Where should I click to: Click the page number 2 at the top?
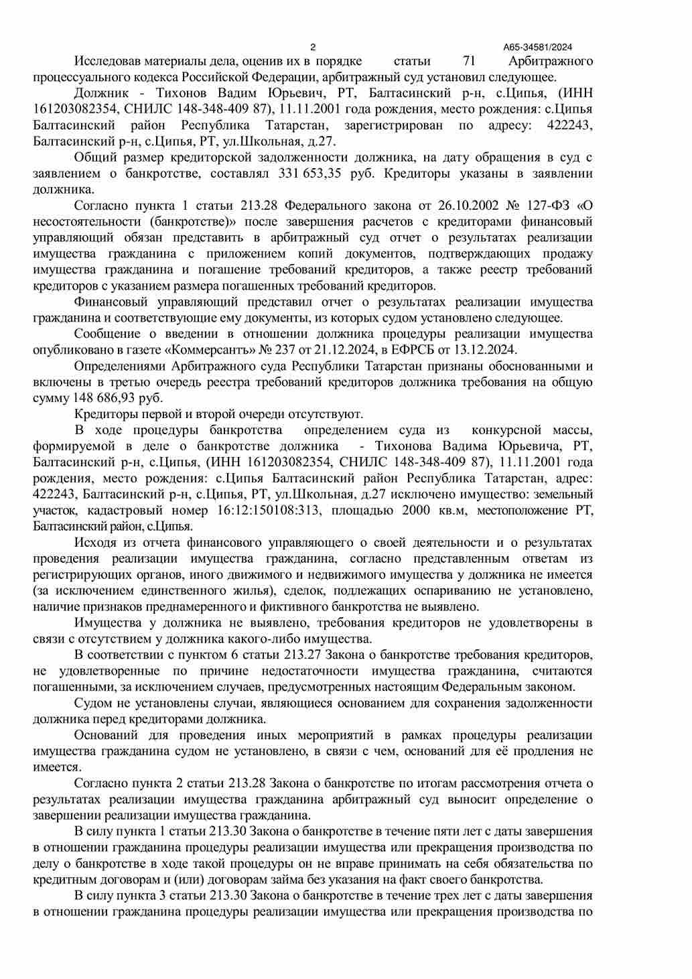click(314, 47)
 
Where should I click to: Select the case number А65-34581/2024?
click(538, 47)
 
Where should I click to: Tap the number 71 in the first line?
click(469, 61)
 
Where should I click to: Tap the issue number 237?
click(286, 350)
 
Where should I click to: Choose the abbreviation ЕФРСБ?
click(414, 350)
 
